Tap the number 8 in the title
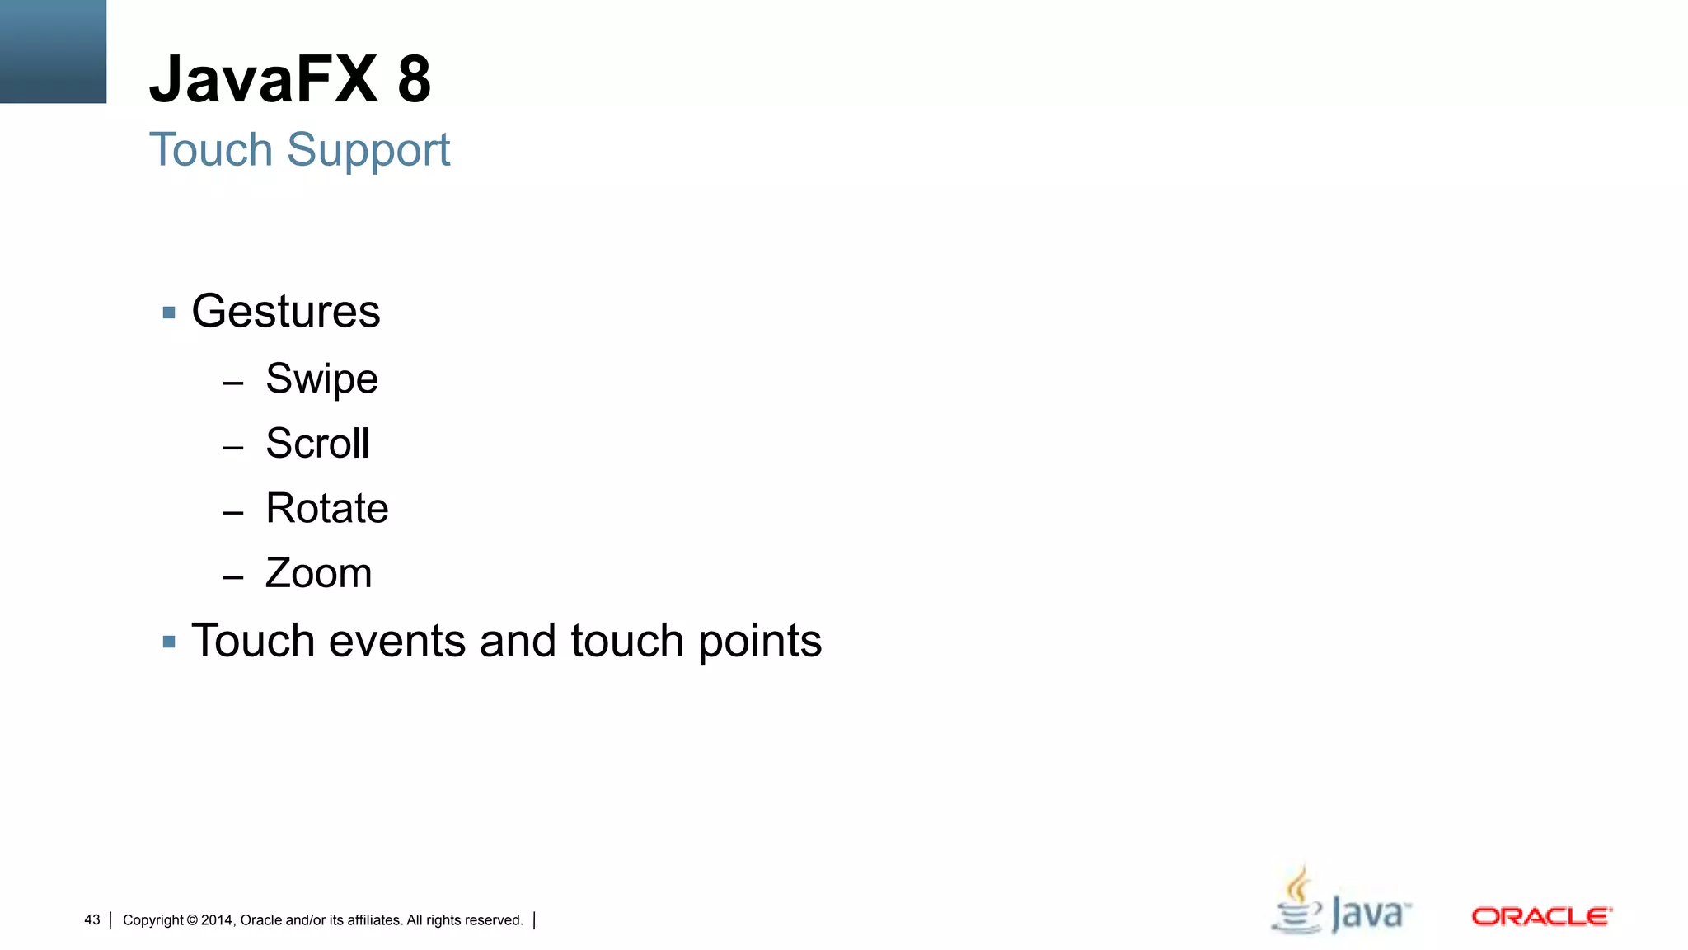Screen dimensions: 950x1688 pos(414,79)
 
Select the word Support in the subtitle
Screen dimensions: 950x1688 pos(368,150)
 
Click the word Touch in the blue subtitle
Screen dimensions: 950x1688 pos(211,150)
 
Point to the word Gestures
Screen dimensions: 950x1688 pos(285,312)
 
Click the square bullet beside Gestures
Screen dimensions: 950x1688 pos(169,313)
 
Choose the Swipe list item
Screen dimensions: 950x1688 pos(321,379)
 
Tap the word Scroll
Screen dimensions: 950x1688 pos(317,444)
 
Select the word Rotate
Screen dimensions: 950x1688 pos(326,508)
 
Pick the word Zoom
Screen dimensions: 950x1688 pos(318,573)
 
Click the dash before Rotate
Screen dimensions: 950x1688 pos(233,512)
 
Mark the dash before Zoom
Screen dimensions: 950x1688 pos(233,577)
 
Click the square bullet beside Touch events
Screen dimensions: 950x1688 pos(169,642)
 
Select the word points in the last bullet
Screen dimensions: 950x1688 pos(760,642)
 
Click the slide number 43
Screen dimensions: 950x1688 pos(92,919)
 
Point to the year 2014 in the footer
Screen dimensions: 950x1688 pos(218,920)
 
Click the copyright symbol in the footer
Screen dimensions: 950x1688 pos(192,920)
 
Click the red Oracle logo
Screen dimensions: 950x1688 pos(1541,916)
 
